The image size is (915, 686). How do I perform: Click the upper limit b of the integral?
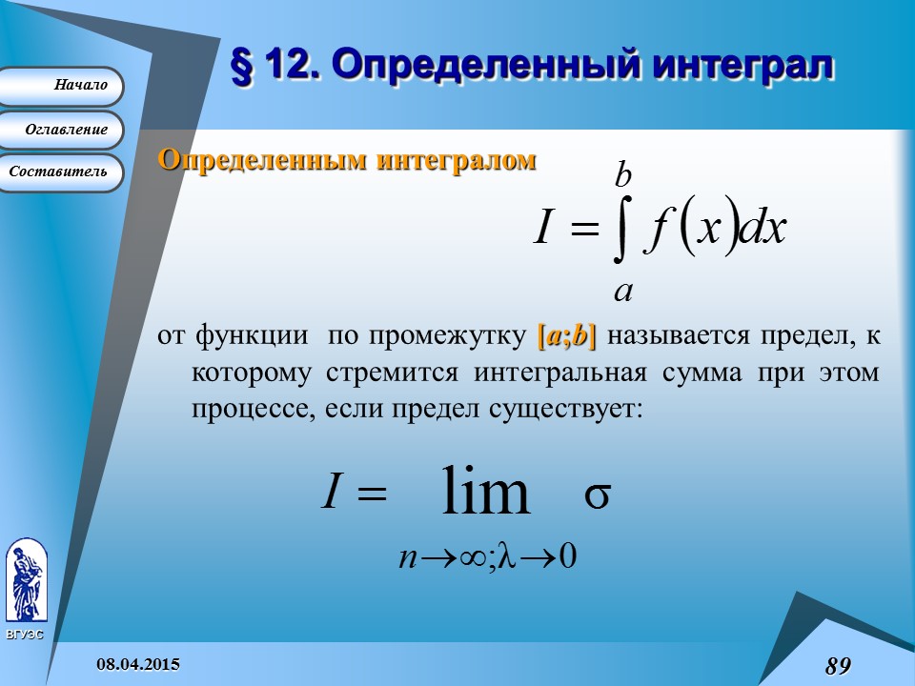(623, 175)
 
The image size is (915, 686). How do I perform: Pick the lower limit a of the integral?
(623, 291)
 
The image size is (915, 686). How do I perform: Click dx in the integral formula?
(762, 227)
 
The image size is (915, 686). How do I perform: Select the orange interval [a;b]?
(566, 336)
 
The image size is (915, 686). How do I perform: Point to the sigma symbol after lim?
(598, 495)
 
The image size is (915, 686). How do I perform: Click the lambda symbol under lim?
(507, 555)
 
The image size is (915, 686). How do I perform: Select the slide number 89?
(839, 666)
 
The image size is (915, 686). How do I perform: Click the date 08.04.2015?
(138, 664)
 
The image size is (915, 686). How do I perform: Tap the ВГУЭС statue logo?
(27, 581)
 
